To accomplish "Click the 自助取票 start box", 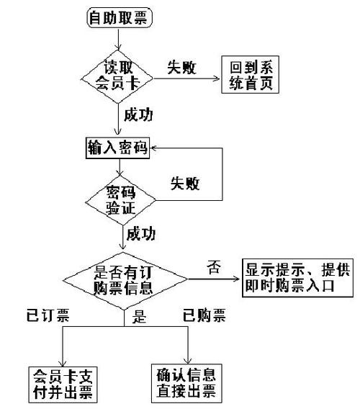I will (x=120, y=18).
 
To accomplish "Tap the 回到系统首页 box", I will (x=247, y=74).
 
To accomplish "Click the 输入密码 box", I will (x=115, y=149).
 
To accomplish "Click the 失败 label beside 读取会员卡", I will (x=183, y=67).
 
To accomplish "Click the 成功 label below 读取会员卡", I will (x=138, y=114).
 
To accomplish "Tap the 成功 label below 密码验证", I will (x=140, y=234).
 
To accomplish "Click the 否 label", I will (x=213, y=269).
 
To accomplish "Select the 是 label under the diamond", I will (x=140, y=318).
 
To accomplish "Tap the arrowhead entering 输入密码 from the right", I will (x=155, y=148).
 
